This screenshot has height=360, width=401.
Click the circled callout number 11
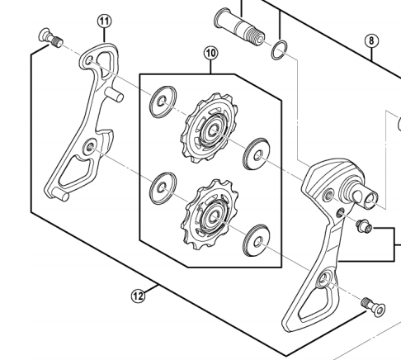tap(105, 21)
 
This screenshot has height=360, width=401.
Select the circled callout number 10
tap(210, 53)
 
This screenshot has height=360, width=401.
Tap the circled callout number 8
tap(371, 40)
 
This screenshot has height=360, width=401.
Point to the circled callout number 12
tap(138, 296)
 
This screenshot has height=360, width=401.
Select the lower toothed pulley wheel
tap(210, 214)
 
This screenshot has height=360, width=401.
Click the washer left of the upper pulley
tap(163, 102)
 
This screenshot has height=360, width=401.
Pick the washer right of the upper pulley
tap(257, 154)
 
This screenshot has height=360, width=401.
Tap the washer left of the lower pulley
tap(163, 188)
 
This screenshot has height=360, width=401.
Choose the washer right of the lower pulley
tap(256, 240)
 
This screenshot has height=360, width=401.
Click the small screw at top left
tap(50, 38)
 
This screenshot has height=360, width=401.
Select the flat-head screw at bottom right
tap(374, 307)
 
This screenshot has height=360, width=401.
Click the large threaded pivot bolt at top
tap(239, 26)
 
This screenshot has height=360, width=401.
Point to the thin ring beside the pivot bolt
tap(280, 50)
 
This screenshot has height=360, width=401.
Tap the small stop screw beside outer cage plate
tap(364, 225)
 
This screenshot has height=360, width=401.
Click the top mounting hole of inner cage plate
tap(89, 60)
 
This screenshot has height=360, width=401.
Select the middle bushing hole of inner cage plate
tap(90, 147)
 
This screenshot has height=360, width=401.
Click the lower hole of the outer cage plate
tap(324, 279)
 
